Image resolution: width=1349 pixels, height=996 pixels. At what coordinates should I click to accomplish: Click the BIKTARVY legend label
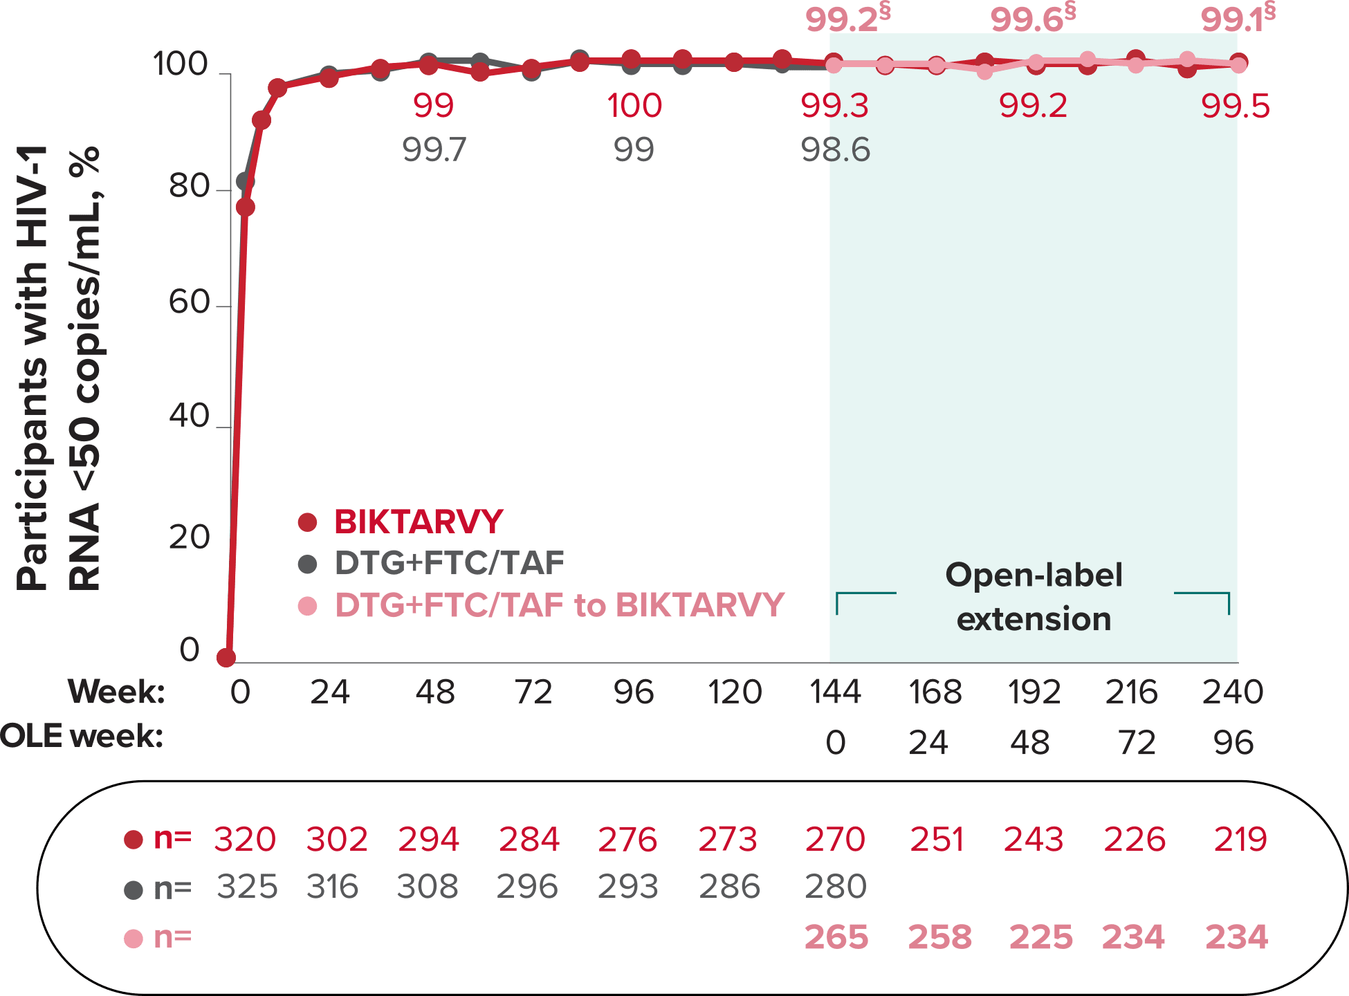418,522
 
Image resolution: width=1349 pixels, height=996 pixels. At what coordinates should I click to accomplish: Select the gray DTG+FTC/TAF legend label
449,564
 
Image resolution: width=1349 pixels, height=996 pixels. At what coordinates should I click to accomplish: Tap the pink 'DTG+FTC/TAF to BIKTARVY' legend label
559,605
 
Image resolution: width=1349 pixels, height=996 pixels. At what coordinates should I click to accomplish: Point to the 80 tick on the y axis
188,187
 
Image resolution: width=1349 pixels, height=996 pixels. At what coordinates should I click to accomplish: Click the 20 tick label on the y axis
188,538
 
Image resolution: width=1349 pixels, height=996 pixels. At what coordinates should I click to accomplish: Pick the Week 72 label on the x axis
533,692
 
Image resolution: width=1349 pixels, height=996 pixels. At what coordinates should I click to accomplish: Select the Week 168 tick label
935,692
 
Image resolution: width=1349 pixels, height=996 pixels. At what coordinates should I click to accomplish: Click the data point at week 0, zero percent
226,658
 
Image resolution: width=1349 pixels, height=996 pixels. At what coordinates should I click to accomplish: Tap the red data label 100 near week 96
634,106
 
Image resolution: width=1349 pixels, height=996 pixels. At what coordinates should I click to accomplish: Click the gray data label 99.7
434,150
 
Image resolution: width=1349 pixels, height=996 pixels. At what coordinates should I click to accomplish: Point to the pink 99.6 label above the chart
1027,20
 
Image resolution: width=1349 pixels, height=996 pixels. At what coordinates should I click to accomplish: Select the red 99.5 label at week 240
1235,107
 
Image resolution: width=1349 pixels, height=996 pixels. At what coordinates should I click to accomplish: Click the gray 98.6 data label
835,150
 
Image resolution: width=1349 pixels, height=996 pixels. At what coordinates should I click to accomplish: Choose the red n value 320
245,840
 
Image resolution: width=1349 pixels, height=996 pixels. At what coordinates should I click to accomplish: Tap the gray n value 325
246,887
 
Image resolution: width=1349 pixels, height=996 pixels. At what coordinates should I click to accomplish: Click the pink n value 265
836,938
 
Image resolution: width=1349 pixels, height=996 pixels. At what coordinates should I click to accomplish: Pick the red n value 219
1240,840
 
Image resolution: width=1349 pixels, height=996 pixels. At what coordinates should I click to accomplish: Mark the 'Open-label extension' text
1034,597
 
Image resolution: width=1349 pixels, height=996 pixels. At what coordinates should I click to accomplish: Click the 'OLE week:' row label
82,737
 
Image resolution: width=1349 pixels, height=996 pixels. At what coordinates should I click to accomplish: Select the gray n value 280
836,887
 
